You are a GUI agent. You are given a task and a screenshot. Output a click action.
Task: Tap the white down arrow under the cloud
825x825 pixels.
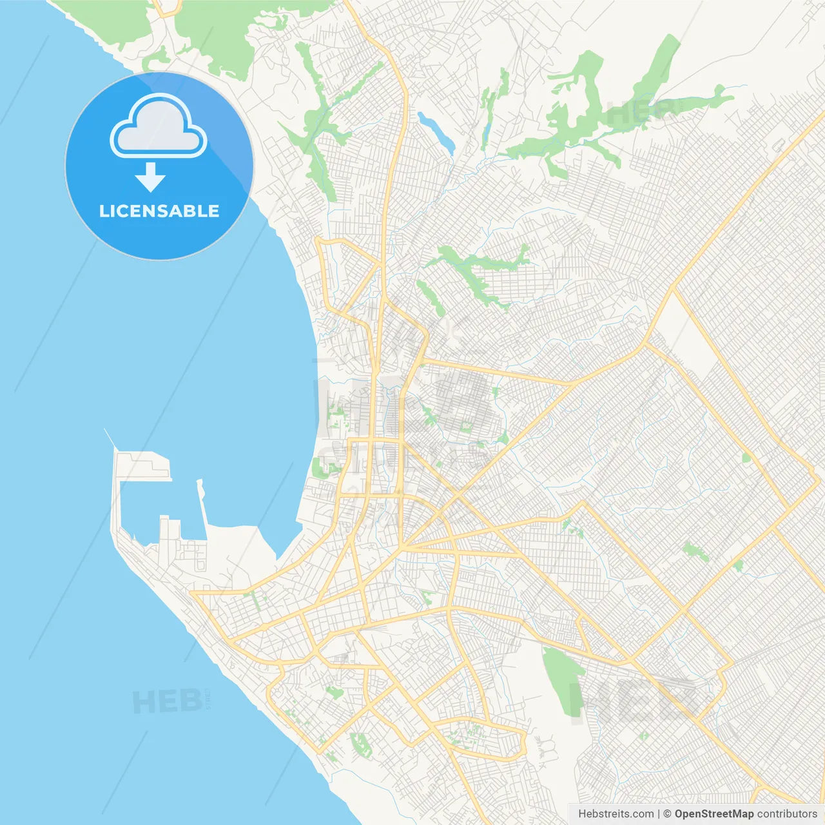pos(150,177)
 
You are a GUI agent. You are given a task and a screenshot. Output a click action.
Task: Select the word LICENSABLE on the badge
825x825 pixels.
pos(159,211)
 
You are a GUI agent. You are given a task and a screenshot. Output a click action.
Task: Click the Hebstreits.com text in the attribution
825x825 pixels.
pos(616,814)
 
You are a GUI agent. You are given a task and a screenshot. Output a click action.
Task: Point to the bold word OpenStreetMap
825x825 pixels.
pos(713,814)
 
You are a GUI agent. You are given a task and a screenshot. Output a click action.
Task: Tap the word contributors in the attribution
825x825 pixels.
pos(787,814)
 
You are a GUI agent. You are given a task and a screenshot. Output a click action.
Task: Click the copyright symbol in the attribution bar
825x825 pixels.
pos(667,814)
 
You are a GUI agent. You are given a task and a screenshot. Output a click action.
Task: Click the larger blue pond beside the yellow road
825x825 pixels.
pos(436,130)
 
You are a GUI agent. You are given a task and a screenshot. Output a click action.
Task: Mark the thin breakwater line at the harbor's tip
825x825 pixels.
pos(110,438)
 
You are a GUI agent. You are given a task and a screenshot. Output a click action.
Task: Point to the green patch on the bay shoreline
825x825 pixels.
pos(320,467)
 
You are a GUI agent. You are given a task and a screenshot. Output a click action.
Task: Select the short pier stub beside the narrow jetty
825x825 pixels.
pos(164,525)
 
